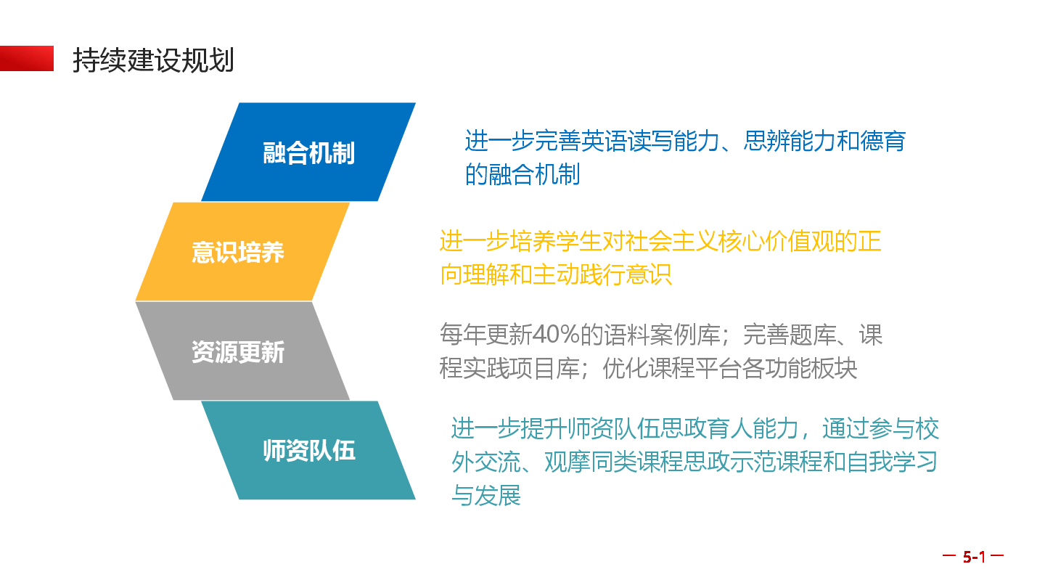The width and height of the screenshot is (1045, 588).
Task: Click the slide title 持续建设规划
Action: [153, 60]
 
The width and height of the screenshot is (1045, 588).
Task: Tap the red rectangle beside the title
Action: [27, 58]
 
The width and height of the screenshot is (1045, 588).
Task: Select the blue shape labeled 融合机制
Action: [308, 152]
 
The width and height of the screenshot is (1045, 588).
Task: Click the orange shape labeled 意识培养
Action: [242, 251]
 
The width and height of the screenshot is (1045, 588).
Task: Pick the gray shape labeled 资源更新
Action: [242, 351]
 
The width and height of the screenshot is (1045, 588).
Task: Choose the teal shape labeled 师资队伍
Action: [308, 450]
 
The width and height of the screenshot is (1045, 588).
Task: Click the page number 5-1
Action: [974, 556]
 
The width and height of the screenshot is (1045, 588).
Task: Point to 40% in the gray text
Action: [556, 334]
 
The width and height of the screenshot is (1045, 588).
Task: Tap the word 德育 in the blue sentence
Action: [883, 141]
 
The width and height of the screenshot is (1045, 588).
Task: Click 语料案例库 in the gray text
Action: [661, 335]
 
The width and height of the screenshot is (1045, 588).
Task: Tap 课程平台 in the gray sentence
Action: [695, 368]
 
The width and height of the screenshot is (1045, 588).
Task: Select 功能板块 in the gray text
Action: [811, 368]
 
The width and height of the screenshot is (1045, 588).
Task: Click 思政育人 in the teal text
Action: [706, 428]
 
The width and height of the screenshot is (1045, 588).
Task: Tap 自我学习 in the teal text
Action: [892, 462]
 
